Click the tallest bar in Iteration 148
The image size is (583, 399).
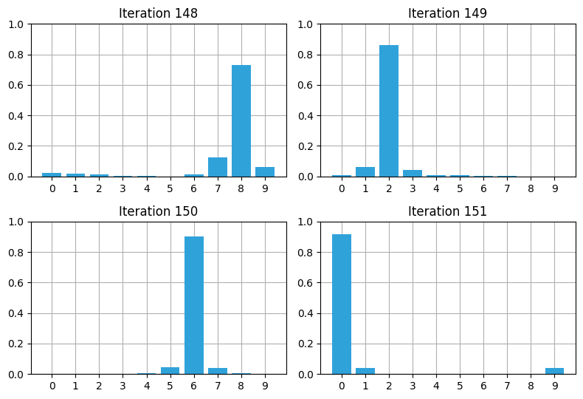(x=241, y=121)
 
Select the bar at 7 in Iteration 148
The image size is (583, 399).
(x=218, y=168)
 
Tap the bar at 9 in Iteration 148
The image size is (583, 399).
(x=265, y=172)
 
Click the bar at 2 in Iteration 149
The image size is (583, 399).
(x=389, y=111)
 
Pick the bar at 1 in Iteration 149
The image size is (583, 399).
(x=365, y=172)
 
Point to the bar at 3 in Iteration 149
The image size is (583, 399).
(x=413, y=174)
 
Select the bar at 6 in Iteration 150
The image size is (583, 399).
(x=194, y=305)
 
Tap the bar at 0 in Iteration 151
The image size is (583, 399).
(x=342, y=304)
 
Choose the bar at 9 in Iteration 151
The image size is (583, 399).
(x=554, y=371)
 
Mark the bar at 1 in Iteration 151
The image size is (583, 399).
(x=365, y=371)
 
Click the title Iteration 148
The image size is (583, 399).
(x=158, y=13)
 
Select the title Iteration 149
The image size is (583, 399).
(x=447, y=13)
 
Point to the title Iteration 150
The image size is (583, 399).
(x=158, y=211)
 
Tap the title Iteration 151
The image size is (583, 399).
(x=447, y=211)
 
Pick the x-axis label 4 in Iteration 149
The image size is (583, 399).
(x=436, y=188)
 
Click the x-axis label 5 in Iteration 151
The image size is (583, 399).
(x=460, y=386)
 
